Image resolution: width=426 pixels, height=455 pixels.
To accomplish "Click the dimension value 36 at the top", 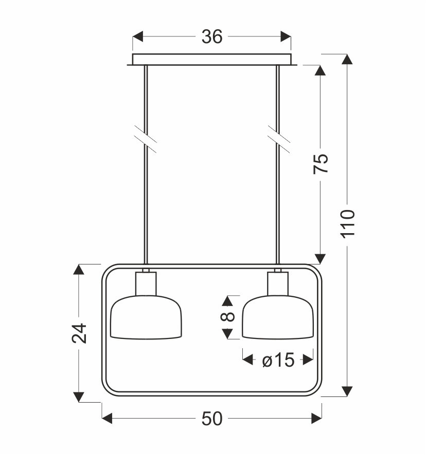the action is (212, 36).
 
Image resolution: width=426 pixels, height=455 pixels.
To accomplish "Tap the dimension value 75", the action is (321, 164).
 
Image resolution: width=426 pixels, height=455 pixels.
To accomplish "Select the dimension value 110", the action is (347, 224).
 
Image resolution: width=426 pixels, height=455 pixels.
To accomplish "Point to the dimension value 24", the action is (79, 333).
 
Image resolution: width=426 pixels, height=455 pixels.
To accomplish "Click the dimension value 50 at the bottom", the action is (212, 419).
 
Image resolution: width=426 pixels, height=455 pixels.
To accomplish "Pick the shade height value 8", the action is (228, 316).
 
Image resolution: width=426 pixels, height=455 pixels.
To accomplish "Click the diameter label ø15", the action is (278, 360).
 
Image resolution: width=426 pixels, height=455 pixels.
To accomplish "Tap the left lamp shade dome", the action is (146, 317).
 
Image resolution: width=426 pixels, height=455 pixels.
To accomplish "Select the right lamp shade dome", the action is (278, 317).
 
